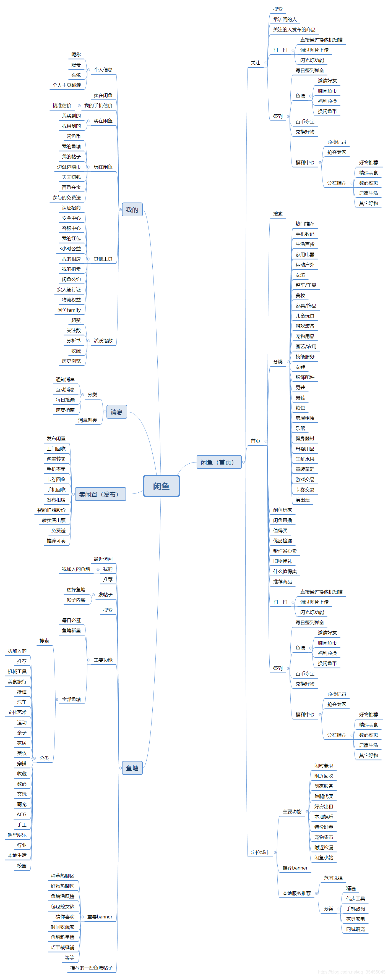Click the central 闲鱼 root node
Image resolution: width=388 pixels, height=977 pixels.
click(x=161, y=486)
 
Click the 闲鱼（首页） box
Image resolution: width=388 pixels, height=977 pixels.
click(x=219, y=462)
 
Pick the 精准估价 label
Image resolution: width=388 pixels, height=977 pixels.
click(x=62, y=106)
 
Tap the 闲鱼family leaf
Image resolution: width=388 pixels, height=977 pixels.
click(x=69, y=310)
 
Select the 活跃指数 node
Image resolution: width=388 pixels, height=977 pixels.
click(x=103, y=341)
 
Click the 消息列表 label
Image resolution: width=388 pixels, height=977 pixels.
click(x=88, y=420)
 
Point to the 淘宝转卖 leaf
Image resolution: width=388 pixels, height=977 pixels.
click(x=56, y=459)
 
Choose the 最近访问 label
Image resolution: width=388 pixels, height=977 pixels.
click(x=103, y=559)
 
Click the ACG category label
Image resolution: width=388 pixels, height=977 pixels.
click(x=22, y=814)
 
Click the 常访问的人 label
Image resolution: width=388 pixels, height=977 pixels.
click(x=285, y=19)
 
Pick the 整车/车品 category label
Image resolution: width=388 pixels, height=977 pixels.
click(x=306, y=285)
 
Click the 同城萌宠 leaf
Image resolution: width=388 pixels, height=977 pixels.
click(x=355, y=929)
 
